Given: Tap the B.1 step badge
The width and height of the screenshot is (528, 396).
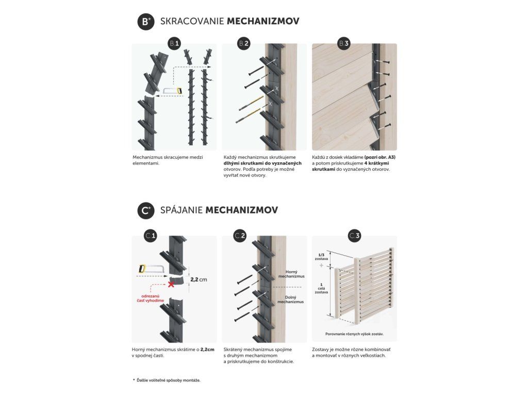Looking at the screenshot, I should click(175, 44).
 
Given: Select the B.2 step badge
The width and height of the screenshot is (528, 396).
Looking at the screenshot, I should click(244, 44).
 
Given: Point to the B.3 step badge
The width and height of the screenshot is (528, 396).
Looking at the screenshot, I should click(344, 44).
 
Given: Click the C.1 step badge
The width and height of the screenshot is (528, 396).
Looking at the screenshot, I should click(151, 236).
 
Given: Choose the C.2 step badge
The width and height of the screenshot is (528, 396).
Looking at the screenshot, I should click(240, 236).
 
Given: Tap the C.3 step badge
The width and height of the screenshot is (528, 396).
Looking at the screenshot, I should click(355, 236).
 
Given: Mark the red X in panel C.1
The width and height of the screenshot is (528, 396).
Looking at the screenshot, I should click(171, 284).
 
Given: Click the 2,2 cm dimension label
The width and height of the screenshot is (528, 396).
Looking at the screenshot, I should click(199, 279).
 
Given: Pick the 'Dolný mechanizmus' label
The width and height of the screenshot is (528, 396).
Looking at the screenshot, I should click(291, 299).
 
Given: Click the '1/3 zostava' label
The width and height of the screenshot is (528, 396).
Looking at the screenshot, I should click(321, 257).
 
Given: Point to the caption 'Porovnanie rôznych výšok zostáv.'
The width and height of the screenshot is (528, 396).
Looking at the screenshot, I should click(354, 334).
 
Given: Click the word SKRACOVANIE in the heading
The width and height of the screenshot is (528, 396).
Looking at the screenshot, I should click(192, 22).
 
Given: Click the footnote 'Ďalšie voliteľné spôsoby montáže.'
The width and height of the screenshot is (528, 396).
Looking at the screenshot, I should click(168, 380).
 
